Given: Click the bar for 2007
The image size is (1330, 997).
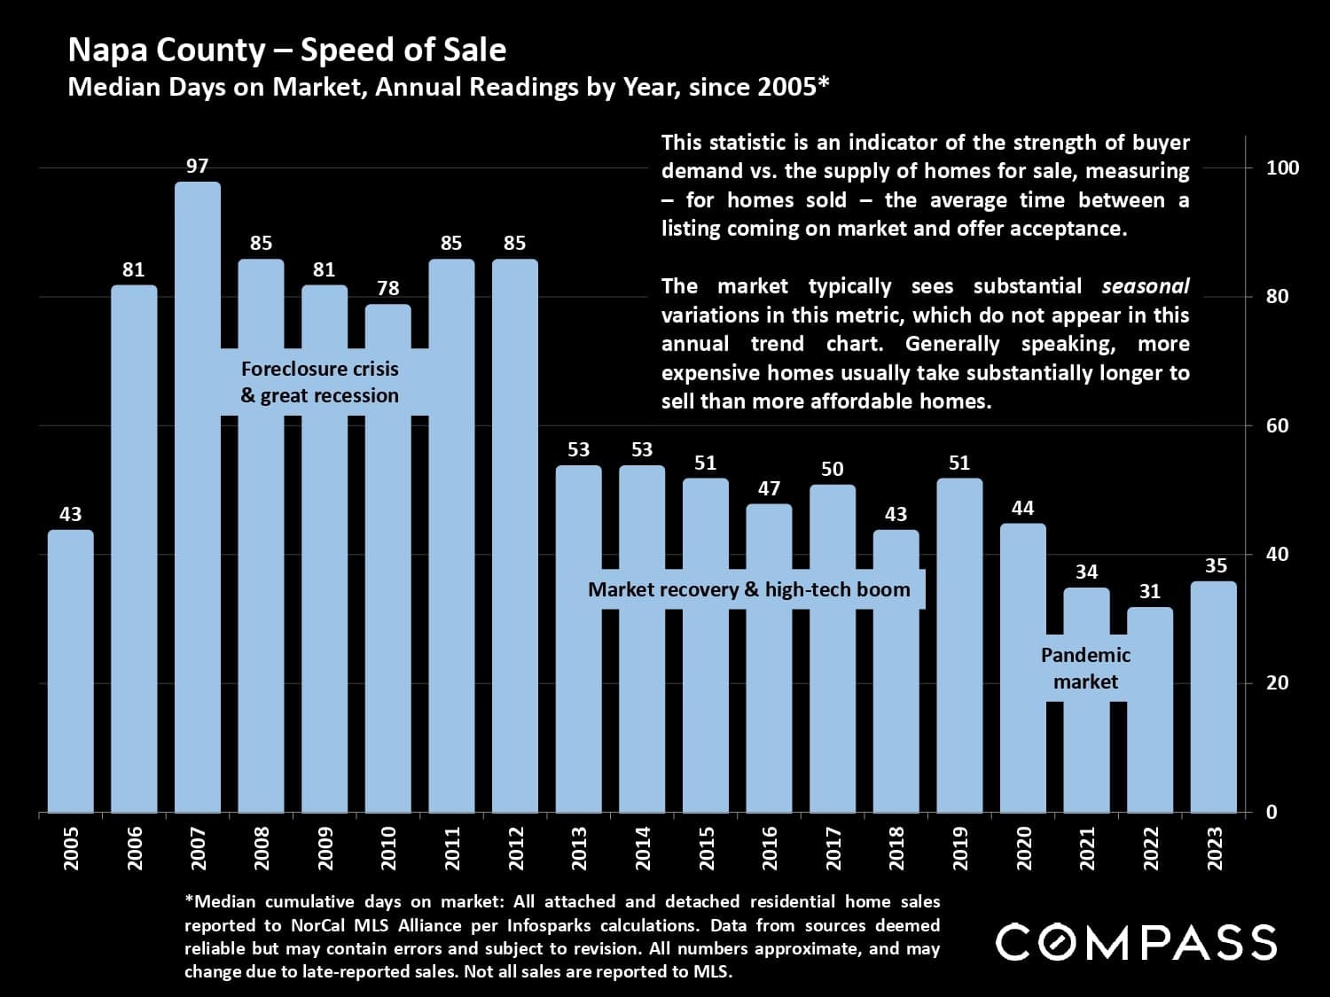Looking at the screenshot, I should pyautogui.click(x=198, y=496).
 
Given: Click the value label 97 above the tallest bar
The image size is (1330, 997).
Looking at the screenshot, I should pyautogui.click(x=197, y=166).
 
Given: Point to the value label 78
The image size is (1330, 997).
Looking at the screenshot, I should pyautogui.click(x=387, y=288).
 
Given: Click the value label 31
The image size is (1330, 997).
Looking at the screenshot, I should pyautogui.click(x=1149, y=591).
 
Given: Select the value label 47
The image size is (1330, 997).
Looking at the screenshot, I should pyautogui.click(x=769, y=488).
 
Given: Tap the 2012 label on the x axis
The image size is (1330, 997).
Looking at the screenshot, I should pyautogui.click(x=516, y=848).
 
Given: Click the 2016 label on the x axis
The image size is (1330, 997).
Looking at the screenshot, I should pyautogui.click(x=770, y=848).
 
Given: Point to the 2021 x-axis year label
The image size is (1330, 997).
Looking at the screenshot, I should pyautogui.click(x=1087, y=848).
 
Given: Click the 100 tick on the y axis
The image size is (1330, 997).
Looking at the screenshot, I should pyautogui.click(x=1282, y=167).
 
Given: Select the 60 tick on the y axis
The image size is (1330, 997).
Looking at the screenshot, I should pyautogui.click(x=1277, y=425).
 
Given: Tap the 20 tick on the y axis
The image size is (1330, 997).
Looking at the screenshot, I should pyautogui.click(x=1277, y=682).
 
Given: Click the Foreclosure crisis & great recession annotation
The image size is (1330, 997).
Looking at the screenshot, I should pyautogui.click(x=320, y=382).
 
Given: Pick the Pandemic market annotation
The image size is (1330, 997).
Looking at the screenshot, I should pyautogui.click(x=1085, y=668).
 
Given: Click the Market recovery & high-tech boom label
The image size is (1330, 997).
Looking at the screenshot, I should pyautogui.click(x=749, y=589).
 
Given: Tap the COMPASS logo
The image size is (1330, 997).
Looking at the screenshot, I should pyautogui.click(x=1136, y=942).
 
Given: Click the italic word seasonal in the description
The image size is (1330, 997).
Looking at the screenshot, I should pyautogui.click(x=1145, y=286).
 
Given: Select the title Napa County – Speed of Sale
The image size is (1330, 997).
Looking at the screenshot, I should pyautogui.click(x=287, y=50).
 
